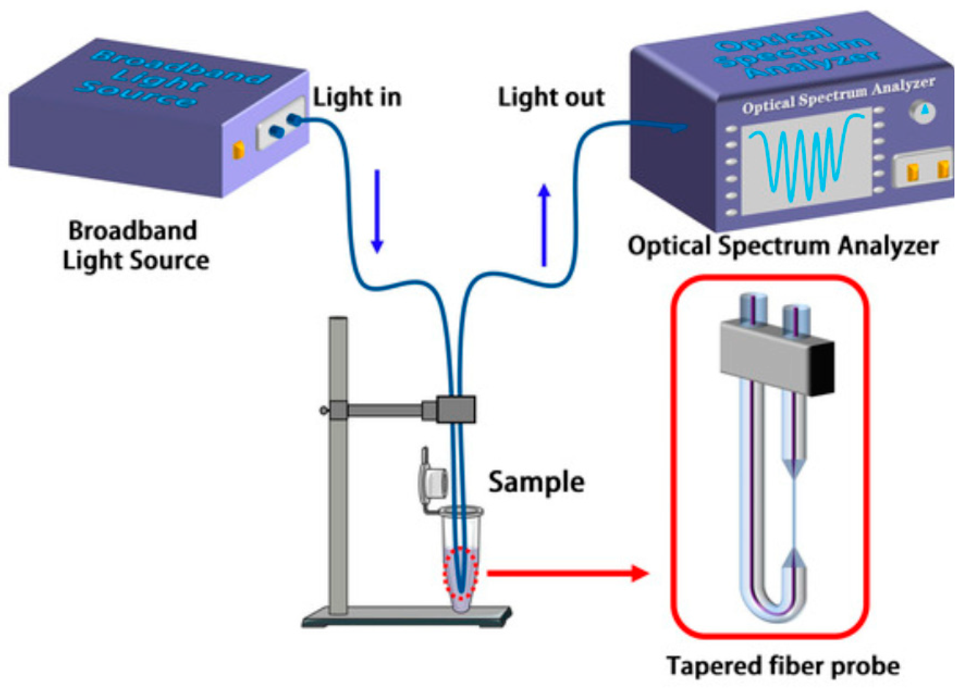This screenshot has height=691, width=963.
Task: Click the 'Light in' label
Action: coord(356,97)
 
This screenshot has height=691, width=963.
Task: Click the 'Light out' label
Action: coord(551,97)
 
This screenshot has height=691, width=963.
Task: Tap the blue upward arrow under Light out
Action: coord(544,225)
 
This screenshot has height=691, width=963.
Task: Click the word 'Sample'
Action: coord(536,482)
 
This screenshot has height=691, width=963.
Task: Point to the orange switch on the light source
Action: coord(238,150)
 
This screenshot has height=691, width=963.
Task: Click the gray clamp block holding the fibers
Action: coord(456,409)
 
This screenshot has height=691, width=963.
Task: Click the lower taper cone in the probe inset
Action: coord(794,558)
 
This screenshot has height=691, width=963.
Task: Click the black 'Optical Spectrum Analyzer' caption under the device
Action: coord(783,246)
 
